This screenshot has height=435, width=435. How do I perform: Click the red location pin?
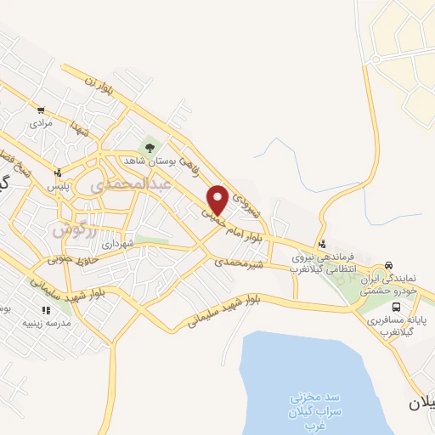tap(217, 200)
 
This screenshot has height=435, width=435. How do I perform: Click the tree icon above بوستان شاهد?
tap(150, 146)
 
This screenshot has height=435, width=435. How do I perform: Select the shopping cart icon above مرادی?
tap(41, 110)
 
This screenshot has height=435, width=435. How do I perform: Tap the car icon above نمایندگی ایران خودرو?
tap(387, 265)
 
